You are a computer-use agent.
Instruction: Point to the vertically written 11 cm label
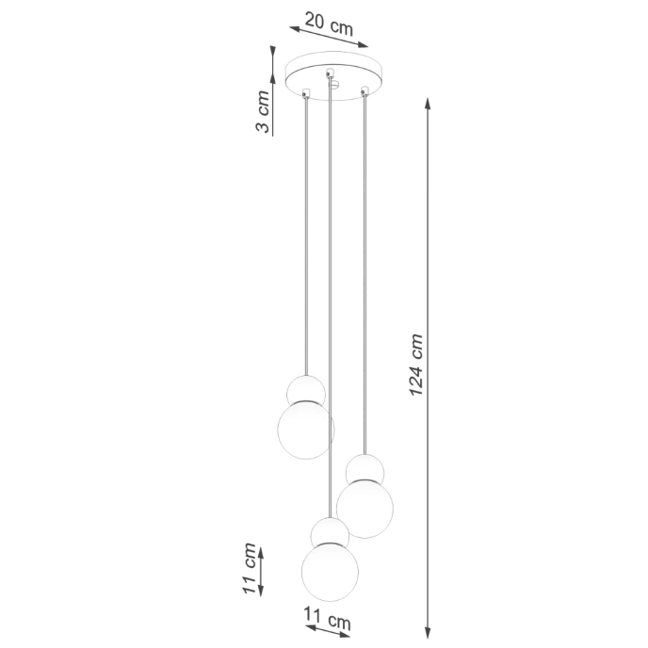pos(250,569)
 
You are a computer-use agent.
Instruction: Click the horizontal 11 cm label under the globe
pos(327,622)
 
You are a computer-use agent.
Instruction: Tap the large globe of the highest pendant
pos(305,426)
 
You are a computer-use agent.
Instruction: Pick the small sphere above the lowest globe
pos(330,533)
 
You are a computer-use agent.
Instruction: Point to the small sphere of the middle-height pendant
pos(364,469)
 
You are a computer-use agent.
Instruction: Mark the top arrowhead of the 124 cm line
pos(430,101)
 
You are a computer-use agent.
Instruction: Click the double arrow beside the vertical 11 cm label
pos(261,570)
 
